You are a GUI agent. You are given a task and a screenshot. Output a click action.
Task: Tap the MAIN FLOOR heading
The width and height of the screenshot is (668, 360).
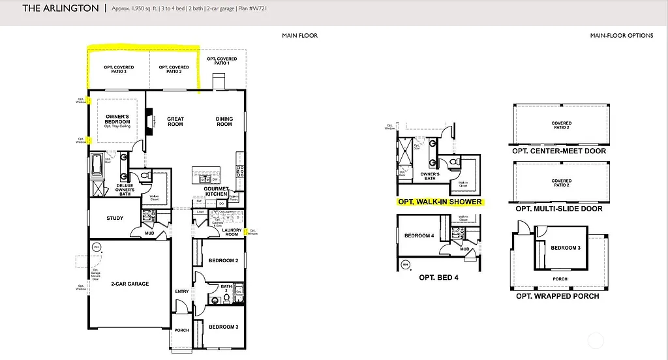[299, 35]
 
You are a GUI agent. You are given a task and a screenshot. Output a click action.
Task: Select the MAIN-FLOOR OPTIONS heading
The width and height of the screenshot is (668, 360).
[621, 35]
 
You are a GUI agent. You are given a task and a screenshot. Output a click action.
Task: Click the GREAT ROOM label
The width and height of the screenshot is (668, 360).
[175, 121]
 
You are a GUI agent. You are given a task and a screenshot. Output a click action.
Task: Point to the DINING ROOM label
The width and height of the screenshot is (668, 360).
[224, 121]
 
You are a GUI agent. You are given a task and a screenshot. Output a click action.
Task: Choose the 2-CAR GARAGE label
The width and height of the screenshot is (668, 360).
[130, 284]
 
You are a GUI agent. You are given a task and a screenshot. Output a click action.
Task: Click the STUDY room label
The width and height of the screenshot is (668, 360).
[115, 218]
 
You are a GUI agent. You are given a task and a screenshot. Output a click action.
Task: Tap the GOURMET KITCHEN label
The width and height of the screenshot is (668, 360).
[217, 191]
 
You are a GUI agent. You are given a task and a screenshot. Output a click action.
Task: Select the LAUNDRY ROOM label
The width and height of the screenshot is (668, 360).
[232, 232]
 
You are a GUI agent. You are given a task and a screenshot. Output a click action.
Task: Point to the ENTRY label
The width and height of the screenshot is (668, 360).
[181, 291]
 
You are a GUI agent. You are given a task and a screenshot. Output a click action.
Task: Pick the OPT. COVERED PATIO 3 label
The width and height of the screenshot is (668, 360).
[119, 69]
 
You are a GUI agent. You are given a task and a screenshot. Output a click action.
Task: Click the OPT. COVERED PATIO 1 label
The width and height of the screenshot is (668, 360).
[222, 61]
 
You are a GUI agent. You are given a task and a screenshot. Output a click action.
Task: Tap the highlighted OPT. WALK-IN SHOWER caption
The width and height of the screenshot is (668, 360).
[440, 202]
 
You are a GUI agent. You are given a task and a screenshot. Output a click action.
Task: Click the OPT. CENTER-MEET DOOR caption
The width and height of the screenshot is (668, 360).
[559, 151]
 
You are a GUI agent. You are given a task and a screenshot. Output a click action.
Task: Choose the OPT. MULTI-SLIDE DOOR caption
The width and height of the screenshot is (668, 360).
[559, 209]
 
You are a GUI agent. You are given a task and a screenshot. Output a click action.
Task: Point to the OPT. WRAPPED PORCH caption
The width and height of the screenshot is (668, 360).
[558, 296]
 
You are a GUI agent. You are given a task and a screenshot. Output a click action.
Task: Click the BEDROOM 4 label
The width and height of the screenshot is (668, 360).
[419, 235]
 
